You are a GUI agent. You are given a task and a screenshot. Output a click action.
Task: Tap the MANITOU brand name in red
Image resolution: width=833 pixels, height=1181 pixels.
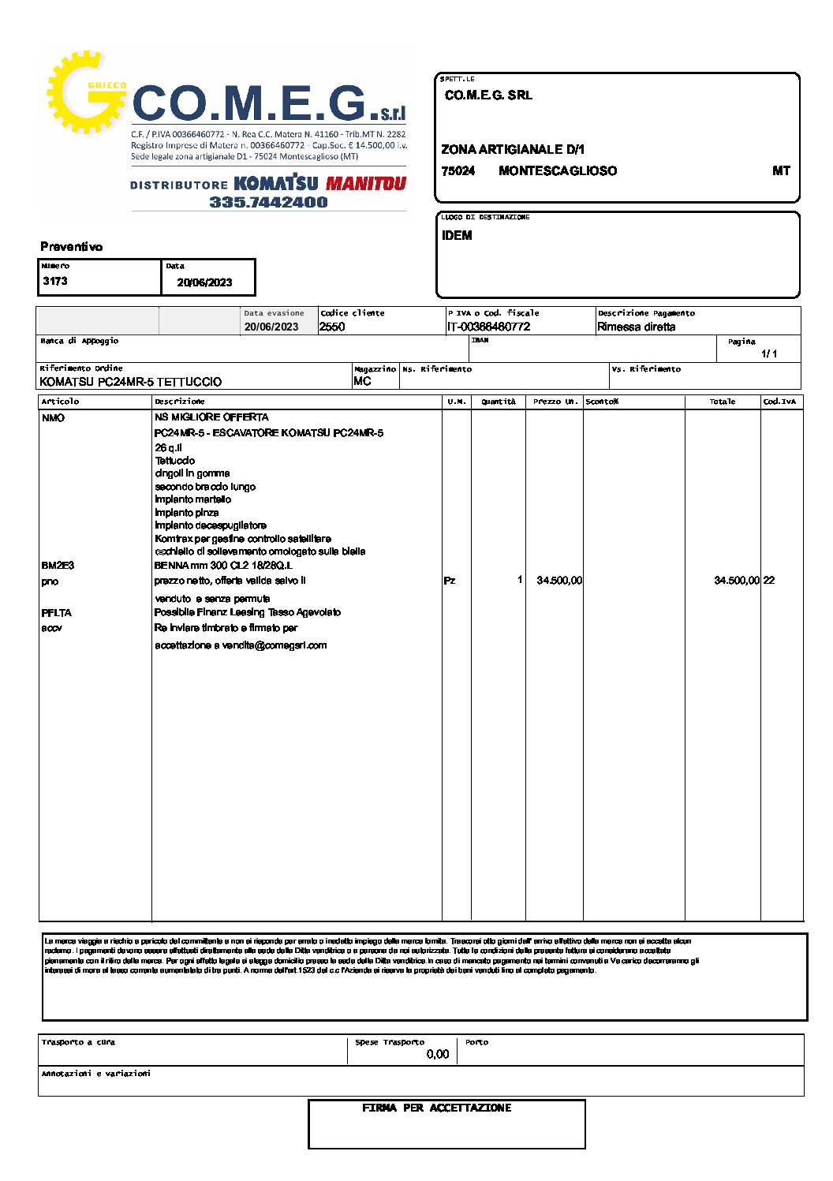click(x=365, y=184)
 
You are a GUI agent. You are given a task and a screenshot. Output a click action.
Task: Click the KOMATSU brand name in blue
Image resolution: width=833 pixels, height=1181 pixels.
click(x=276, y=184)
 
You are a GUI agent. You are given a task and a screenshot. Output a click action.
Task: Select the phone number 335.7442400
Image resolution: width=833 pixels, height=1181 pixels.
click(x=268, y=202)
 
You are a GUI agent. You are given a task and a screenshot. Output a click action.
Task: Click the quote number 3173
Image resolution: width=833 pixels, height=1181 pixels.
click(x=55, y=282)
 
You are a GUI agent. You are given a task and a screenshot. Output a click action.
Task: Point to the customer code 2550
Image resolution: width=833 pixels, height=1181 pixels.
click(x=332, y=327)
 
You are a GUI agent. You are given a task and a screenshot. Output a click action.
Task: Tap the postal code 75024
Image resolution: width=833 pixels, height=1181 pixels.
click(x=458, y=171)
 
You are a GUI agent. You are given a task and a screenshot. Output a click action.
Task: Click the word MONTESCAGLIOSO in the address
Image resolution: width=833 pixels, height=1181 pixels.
click(x=558, y=171)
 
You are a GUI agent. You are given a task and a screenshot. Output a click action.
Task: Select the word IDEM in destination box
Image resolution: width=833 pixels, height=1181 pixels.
click(x=457, y=236)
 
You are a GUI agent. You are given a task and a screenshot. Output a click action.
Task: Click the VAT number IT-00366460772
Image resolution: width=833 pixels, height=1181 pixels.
click(x=488, y=327)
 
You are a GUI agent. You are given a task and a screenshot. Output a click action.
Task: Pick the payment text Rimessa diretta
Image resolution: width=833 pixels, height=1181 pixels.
click(x=636, y=327)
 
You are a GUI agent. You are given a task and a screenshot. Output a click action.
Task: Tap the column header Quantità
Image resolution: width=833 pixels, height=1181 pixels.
click(x=499, y=402)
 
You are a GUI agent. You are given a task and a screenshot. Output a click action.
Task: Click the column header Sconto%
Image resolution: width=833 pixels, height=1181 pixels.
click(x=602, y=402)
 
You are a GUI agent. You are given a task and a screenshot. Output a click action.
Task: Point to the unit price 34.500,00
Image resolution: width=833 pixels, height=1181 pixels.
click(x=559, y=581)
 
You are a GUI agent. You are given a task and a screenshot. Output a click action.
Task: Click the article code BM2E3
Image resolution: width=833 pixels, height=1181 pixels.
click(x=58, y=566)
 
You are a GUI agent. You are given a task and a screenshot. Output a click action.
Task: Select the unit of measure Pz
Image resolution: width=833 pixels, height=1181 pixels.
click(x=450, y=581)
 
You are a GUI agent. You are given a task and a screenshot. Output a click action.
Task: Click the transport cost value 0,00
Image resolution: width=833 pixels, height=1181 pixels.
click(x=437, y=1054)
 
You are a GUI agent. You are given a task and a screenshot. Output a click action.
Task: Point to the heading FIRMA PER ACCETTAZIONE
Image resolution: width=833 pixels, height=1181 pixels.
click(x=436, y=1108)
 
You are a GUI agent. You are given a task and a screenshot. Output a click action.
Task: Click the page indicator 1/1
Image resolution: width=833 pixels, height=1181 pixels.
click(x=769, y=353)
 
